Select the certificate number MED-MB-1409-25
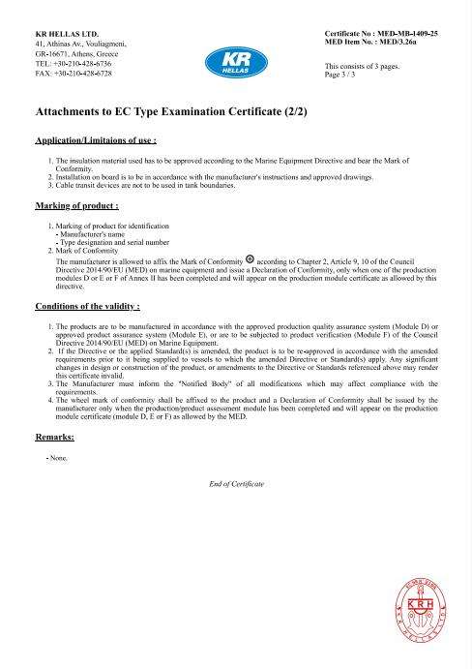click(405, 34)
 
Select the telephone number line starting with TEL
click(73, 63)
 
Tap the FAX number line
click(73, 73)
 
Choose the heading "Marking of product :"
click(77, 206)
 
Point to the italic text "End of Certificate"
click(236, 482)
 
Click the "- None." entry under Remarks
click(57, 456)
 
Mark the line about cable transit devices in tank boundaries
click(145, 185)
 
